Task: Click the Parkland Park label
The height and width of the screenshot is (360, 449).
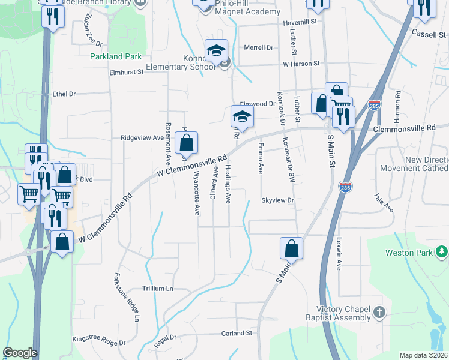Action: [116, 57]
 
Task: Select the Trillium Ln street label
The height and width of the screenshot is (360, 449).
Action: [157, 289]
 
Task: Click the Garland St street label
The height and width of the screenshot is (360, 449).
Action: [236, 333]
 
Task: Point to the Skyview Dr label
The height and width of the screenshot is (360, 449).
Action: [277, 200]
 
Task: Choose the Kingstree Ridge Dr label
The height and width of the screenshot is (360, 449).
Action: [98, 340]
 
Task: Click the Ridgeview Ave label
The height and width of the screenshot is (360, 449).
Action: [142, 137]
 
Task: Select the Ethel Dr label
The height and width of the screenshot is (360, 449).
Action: [64, 94]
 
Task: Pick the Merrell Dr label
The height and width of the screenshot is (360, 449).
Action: [258, 47]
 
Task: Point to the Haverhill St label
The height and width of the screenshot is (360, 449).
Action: [299, 22]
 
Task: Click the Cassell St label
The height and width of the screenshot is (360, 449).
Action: [428, 35]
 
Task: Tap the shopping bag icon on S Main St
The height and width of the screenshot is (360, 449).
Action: [291, 248]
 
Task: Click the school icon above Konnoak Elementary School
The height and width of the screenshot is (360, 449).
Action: [216, 50]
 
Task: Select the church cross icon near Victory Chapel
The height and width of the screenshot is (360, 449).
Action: [379, 312]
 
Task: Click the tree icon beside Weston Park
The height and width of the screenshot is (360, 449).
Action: [442, 251]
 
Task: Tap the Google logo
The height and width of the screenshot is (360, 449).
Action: [20, 353]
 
